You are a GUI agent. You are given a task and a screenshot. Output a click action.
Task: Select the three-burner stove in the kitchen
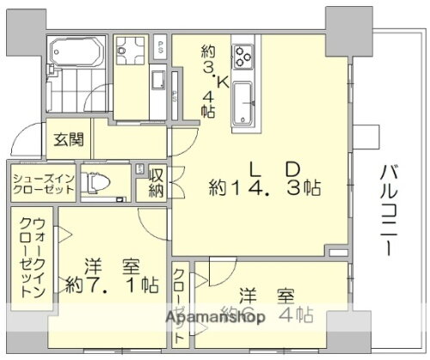(242, 57)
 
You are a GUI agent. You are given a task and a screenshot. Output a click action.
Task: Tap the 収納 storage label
(156, 182)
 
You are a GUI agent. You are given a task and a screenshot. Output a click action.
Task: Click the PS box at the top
(161, 47)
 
